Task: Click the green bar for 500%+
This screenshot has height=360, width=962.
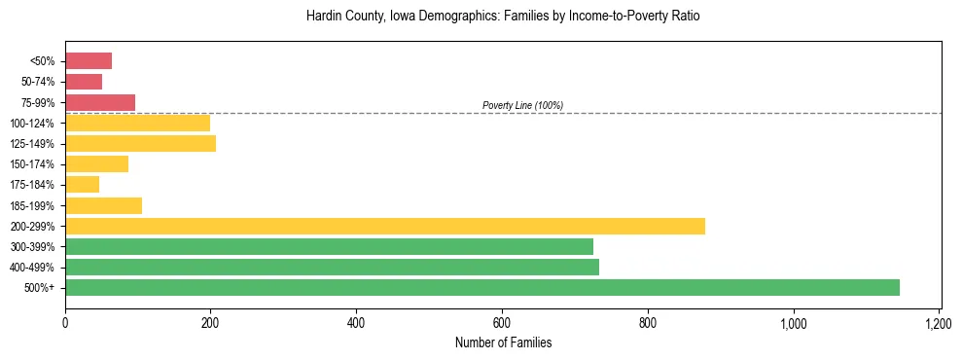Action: (x=481, y=287)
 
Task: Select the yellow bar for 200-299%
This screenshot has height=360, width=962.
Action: (x=384, y=226)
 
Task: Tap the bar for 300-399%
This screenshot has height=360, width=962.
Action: (x=329, y=246)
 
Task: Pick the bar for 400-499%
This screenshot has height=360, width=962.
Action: (x=332, y=267)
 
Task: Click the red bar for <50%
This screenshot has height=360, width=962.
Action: (x=89, y=61)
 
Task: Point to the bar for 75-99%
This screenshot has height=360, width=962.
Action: (x=100, y=102)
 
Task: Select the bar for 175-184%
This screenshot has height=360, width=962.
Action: (x=82, y=184)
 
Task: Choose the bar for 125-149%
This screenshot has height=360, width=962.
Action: (x=140, y=143)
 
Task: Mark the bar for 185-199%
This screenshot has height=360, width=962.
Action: (x=103, y=205)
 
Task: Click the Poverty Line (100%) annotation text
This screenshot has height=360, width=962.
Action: (x=522, y=105)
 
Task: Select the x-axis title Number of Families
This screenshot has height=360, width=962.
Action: (x=503, y=342)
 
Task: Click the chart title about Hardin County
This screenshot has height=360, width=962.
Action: (x=503, y=17)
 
